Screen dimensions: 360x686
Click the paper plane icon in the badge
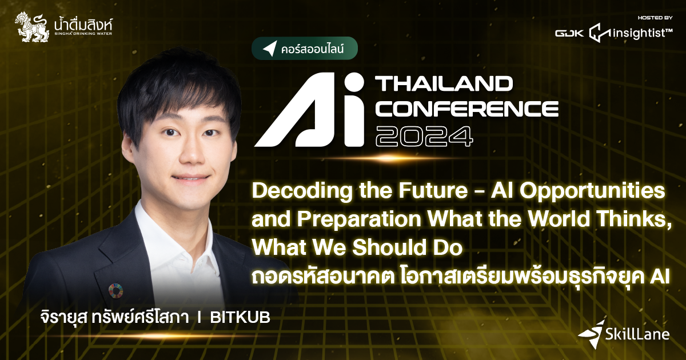point(269,49)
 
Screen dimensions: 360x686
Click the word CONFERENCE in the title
point(466,108)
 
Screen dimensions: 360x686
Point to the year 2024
point(424,134)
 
